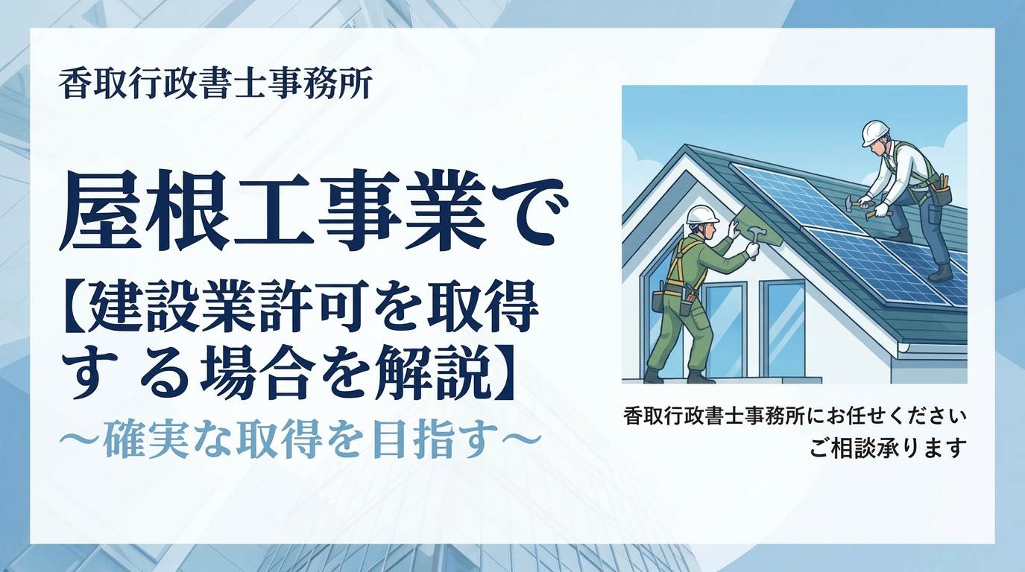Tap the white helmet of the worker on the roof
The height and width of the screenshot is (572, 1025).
pyautogui.click(x=877, y=133)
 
